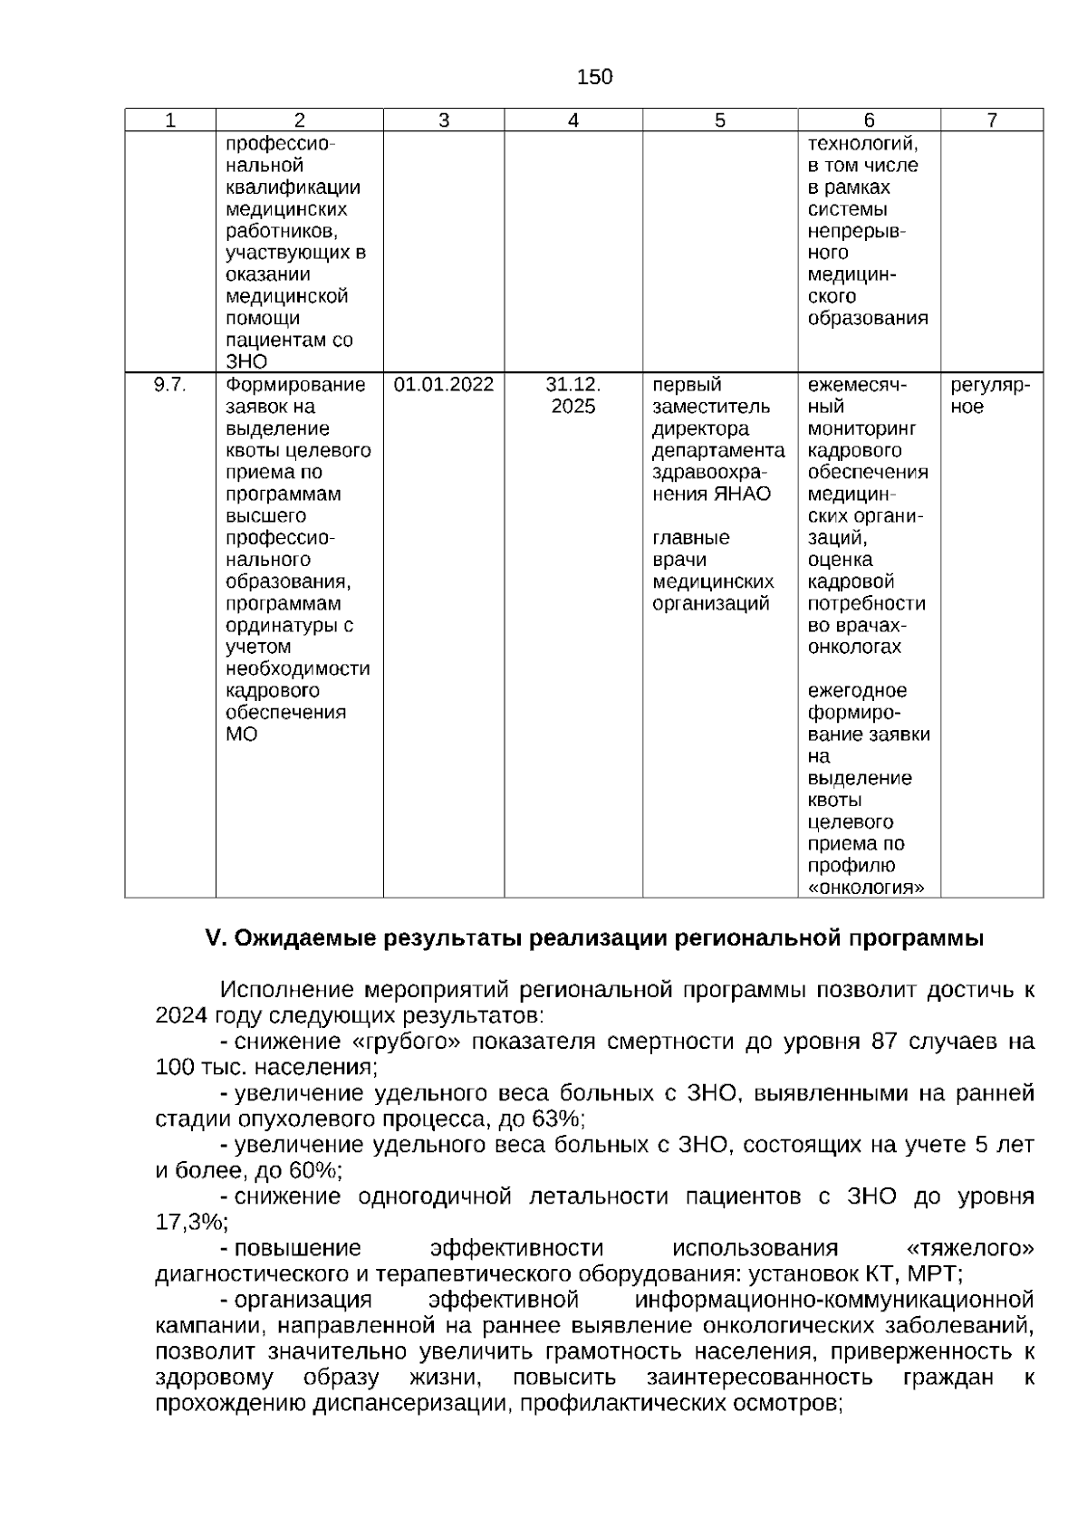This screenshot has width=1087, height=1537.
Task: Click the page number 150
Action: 594,77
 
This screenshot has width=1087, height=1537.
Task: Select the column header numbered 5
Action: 720,120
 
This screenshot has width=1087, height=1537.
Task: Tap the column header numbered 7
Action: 992,120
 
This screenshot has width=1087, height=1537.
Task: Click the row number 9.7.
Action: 169,385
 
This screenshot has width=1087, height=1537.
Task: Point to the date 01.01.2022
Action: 444,385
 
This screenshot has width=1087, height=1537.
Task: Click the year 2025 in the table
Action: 573,407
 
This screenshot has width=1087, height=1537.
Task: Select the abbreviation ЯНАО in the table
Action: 742,495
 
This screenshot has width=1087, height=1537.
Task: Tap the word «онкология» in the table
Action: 866,888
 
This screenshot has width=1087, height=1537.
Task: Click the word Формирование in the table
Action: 295,385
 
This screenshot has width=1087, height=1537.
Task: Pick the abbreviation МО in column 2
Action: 241,735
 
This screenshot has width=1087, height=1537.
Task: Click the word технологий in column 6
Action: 863,144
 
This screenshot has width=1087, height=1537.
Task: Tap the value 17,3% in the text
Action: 188,1223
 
